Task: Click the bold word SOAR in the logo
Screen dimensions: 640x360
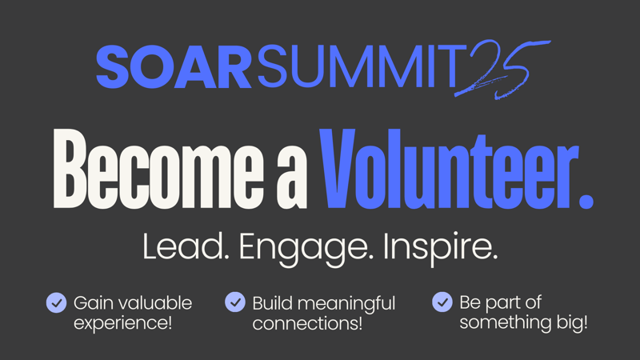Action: (174, 66)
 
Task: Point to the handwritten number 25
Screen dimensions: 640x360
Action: (502, 70)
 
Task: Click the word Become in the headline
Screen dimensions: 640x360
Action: (158, 169)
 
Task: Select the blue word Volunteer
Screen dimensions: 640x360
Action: (449, 169)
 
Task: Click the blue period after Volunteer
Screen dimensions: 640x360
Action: (586, 202)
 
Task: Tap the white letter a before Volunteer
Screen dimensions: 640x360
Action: (292, 179)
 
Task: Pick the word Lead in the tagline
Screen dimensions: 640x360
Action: (186, 246)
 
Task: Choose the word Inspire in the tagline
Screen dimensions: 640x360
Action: (441, 249)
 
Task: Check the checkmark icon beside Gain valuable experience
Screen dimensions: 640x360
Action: (56, 303)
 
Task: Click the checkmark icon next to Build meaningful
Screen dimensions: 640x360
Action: (235, 302)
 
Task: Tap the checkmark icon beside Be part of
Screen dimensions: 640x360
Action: (442, 302)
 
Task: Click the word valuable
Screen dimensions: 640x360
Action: (156, 303)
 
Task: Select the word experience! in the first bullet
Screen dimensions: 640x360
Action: (123, 323)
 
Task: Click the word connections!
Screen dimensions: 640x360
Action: (307, 323)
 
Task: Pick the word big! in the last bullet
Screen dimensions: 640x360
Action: (572, 323)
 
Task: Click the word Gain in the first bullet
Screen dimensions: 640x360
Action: (94, 303)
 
